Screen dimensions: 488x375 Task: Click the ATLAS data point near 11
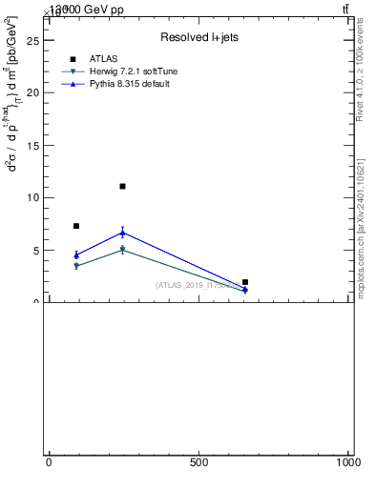coord(123,186)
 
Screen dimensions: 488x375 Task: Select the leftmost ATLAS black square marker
coord(76,226)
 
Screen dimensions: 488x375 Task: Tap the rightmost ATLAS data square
coord(245,282)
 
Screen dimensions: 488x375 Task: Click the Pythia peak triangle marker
coord(123,233)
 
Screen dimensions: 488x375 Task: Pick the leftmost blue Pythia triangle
coord(76,254)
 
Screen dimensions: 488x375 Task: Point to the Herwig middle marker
coord(123,250)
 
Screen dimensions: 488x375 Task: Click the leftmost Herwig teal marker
coord(76,266)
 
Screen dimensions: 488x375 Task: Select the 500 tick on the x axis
coord(198,462)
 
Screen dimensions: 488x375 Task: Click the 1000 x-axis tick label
coord(349,462)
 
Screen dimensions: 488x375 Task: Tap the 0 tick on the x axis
coord(49,462)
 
